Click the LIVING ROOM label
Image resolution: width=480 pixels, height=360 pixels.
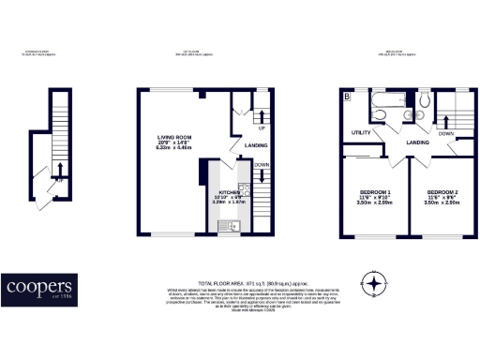[x=173, y=138]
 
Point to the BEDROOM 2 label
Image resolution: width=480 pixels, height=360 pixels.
[x=445, y=192]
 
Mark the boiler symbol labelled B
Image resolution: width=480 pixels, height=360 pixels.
[x=348, y=96]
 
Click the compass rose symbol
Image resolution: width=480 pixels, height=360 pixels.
[x=373, y=283]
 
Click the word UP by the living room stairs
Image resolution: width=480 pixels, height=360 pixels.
[x=262, y=127]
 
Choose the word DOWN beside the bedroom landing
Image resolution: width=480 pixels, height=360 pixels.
[x=446, y=134]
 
